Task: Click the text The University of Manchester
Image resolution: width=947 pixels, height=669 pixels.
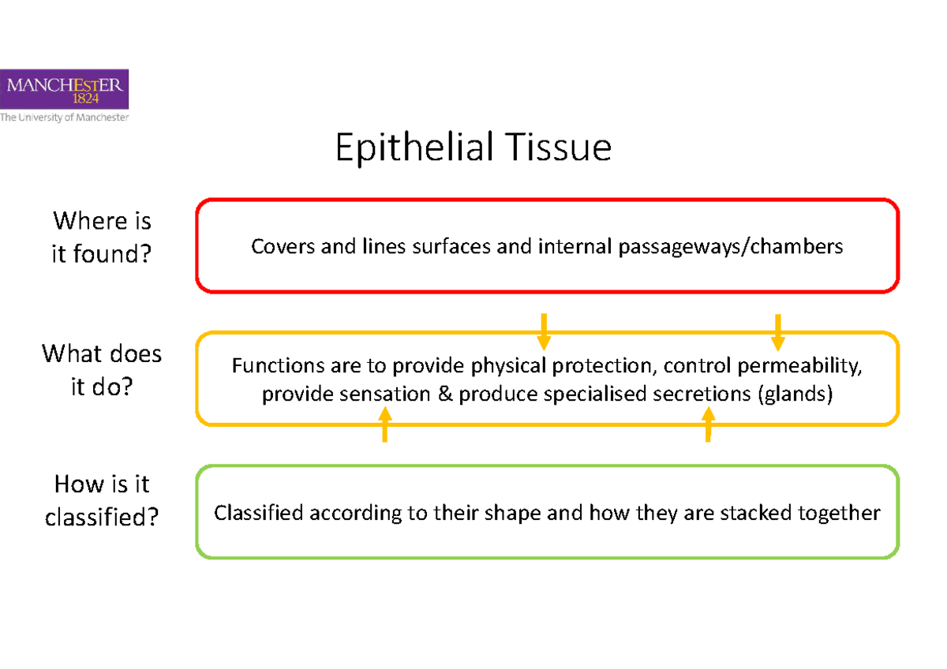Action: [64, 118]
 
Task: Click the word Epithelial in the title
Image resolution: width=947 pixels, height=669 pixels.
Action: [403, 148]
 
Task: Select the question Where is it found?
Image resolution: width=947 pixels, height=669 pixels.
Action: [101, 237]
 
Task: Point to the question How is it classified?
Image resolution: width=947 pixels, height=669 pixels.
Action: [101, 501]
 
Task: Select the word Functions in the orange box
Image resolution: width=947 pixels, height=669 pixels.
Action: [278, 366]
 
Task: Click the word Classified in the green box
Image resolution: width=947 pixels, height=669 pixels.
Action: [259, 513]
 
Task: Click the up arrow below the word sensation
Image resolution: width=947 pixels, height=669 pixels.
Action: [384, 424]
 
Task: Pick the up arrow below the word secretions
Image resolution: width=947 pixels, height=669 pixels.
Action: [708, 424]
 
